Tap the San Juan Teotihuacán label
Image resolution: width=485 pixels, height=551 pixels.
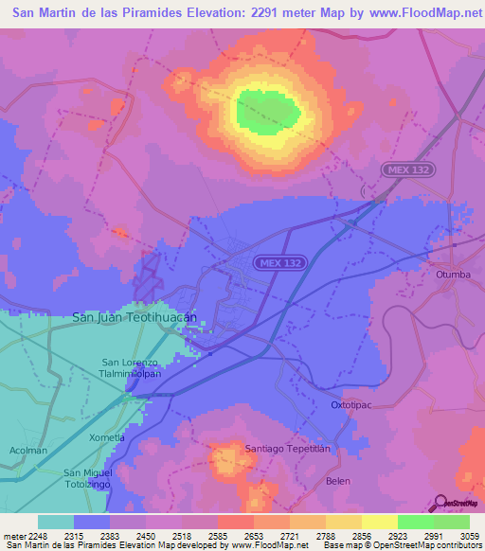coord(135,318)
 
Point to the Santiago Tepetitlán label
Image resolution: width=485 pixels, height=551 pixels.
coord(288,448)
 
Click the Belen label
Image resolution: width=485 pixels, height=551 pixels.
coord(338,481)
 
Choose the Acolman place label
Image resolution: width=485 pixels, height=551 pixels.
coord(27,451)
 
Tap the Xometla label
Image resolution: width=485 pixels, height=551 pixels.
coord(106,437)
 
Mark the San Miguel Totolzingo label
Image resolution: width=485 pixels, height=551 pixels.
coord(88,478)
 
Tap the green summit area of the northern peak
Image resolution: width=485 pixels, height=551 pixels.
coord(268,111)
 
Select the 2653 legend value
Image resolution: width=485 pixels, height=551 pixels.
coord(252,535)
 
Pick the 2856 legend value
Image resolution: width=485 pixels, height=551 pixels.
coord(361,535)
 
